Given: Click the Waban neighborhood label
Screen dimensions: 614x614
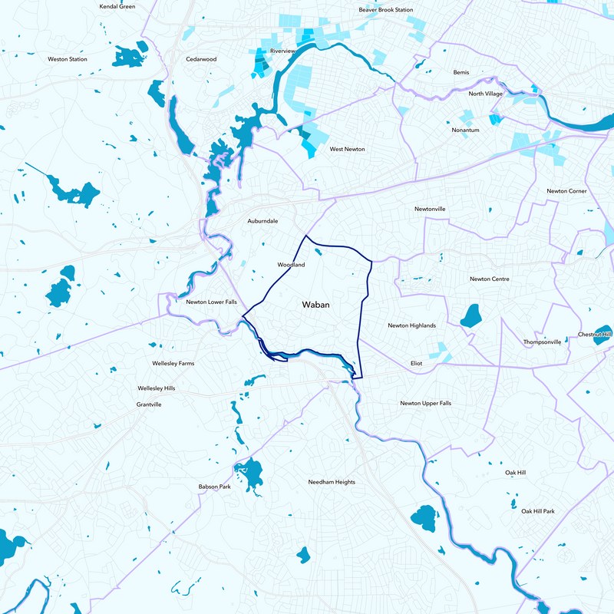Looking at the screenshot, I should [x=315, y=305].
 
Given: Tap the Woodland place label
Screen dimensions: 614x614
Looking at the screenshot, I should [x=291, y=265].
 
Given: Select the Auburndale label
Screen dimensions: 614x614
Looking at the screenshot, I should [x=262, y=221].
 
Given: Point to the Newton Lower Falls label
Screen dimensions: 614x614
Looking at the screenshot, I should [x=211, y=302].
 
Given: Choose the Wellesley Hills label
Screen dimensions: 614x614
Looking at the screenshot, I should [x=157, y=388].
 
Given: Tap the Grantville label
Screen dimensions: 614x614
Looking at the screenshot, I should [x=149, y=404].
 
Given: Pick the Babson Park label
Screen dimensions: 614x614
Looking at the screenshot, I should [x=214, y=487].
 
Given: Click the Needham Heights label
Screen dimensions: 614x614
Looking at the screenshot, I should [x=332, y=482].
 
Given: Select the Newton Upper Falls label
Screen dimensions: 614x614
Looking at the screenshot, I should [x=427, y=403].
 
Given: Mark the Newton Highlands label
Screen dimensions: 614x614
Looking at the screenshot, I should [x=411, y=325].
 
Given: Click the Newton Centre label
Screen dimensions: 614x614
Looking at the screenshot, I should [x=490, y=279].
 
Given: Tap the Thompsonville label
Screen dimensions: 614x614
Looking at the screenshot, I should [x=543, y=342].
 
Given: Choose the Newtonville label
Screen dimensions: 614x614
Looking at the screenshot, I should [x=430, y=209].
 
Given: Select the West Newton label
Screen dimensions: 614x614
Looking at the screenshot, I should [x=347, y=149].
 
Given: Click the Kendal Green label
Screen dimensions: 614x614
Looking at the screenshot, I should [x=117, y=6].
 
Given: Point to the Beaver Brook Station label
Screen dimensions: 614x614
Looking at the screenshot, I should [x=386, y=10].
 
